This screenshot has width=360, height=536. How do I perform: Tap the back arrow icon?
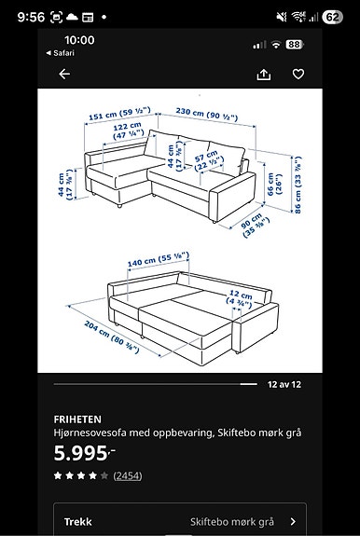[x=64, y=75]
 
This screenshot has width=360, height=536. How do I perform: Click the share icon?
[x=263, y=75]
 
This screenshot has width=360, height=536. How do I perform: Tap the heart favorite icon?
[x=298, y=75]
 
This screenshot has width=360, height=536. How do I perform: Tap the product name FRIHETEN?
[x=77, y=419]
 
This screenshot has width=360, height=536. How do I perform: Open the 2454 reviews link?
[x=128, y=475]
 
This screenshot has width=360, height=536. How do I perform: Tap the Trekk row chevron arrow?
[x=293, y=522]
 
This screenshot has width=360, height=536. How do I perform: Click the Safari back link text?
[x=62, y=52]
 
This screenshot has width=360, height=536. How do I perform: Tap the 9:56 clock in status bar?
[x=31, y=17]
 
